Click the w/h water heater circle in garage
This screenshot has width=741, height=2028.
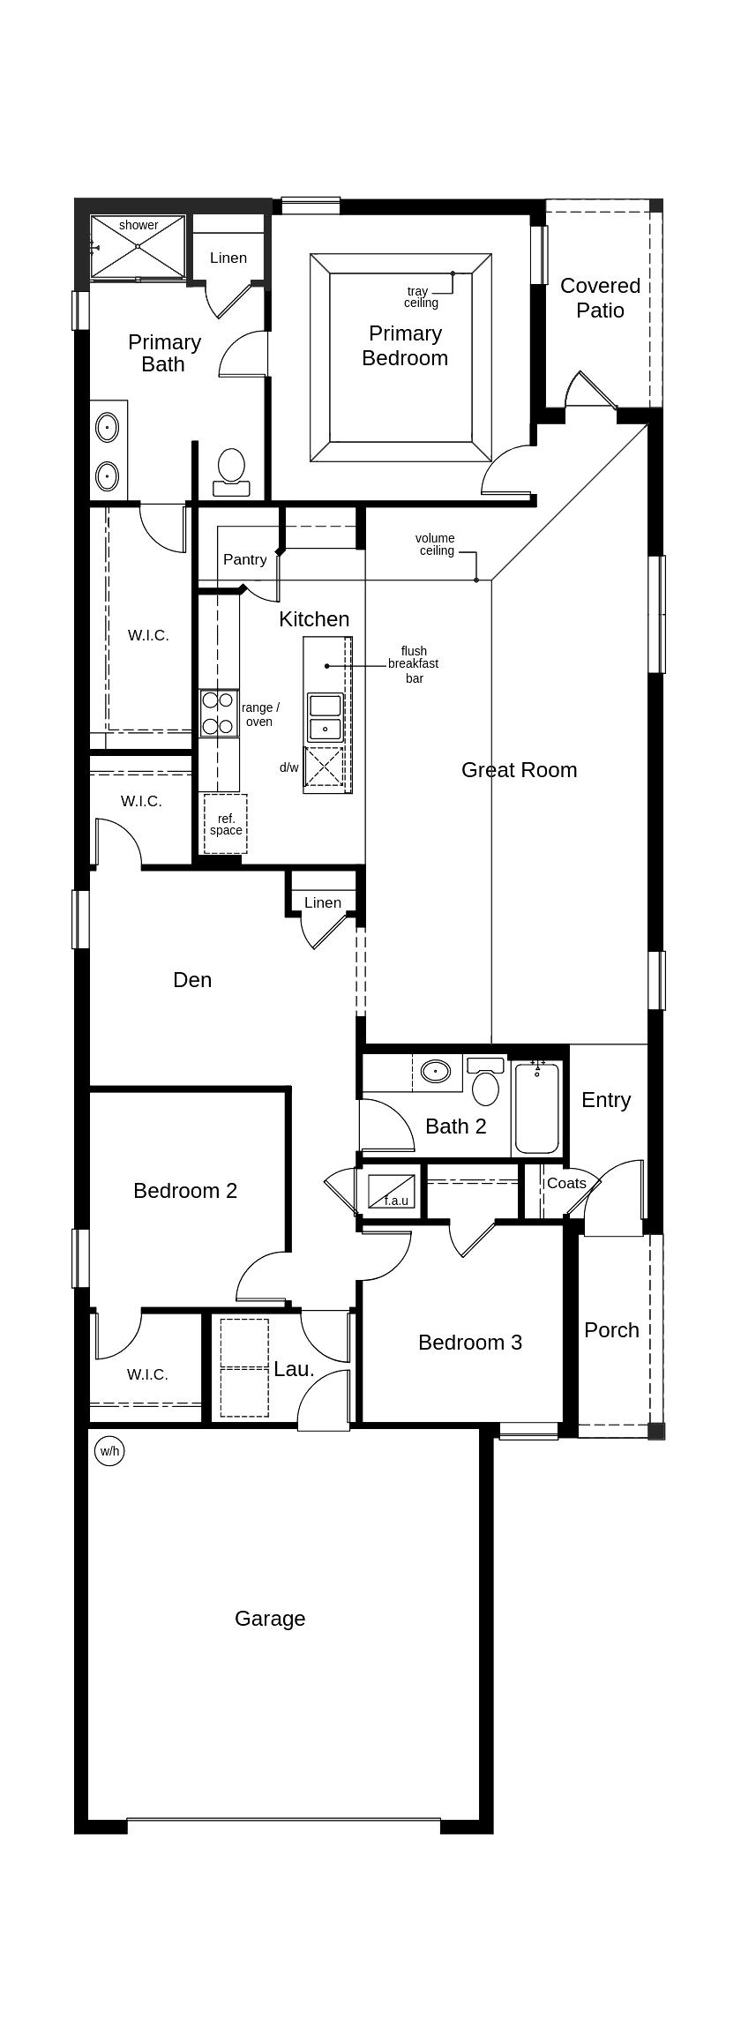[109, 1450]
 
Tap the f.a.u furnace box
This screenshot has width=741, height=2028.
[391, 1192]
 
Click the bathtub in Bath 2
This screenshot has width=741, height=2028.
[536, 1108]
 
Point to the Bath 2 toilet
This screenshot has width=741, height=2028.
[485, 1081]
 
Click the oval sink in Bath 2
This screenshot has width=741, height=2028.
[435, 1072]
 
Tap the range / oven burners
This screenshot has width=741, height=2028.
[218, 714]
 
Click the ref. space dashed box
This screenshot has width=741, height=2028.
[225, 824]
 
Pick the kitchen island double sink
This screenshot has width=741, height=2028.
[325, 717]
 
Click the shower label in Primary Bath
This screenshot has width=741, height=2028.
[138, 225]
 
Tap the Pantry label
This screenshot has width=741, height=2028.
[244, 559]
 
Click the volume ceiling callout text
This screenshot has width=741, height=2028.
[436, 544]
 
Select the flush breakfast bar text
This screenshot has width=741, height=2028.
[413, 664]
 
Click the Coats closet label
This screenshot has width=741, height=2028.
[565, 1183]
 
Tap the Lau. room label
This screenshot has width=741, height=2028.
[294, 1369]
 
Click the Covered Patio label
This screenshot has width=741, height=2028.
[600, 298]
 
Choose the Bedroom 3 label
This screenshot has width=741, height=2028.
[469, 1342]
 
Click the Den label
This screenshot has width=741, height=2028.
[192, 979]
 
